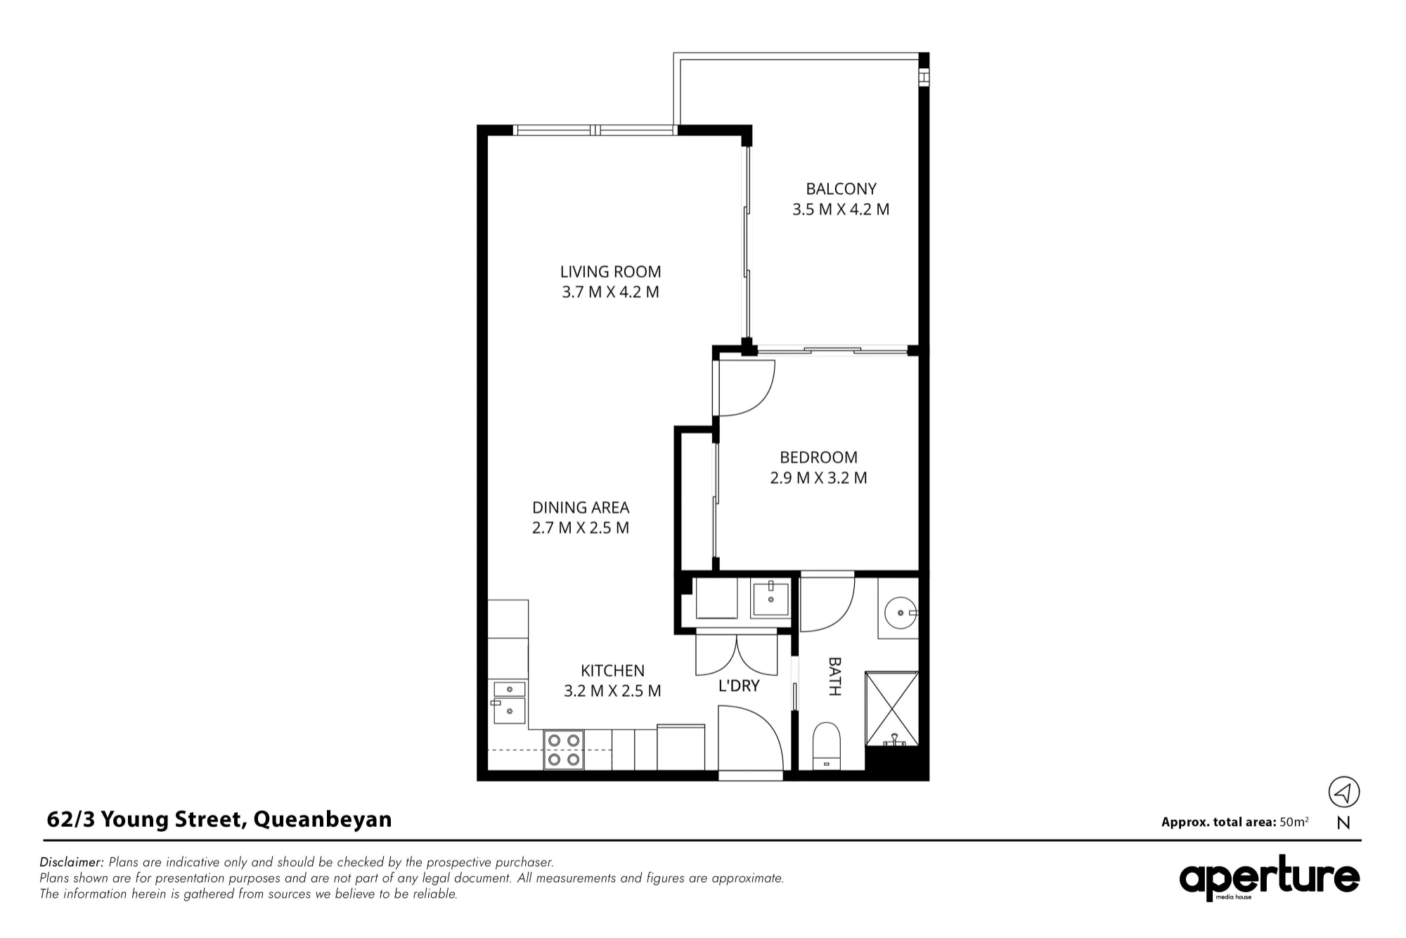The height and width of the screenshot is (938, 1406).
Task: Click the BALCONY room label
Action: point(841,189)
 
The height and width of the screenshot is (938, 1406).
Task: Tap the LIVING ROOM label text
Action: point(610,272)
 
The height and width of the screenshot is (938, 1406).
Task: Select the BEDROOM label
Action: point(818,458)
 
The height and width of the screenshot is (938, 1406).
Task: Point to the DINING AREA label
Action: point(581,508)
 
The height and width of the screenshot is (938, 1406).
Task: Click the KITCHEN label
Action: point(612,671)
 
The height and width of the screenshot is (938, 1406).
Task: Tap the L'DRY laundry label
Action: point(739,686)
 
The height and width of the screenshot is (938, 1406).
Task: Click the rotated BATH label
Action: point(834,676)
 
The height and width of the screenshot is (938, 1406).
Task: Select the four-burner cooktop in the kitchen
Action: point(564,750)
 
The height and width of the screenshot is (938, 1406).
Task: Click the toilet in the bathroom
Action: point(827,746)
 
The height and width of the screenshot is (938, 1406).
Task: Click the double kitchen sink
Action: point(509,702)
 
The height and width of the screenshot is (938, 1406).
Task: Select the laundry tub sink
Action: point(770,598)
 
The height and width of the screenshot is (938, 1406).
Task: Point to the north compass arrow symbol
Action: point(1343,792)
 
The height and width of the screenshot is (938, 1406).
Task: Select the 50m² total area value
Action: point(1294,821)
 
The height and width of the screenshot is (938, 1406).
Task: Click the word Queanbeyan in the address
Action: point(323,820)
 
